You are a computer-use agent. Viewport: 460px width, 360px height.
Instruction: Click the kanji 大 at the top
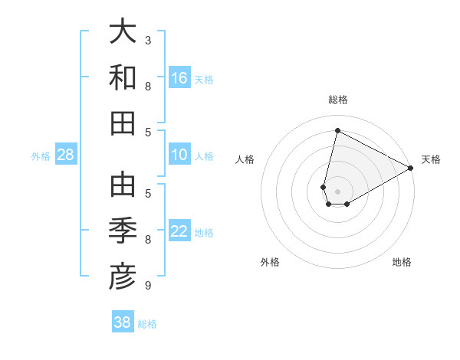[x=123, y=33]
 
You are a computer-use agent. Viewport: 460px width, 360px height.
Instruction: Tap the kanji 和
[x=123, y=78]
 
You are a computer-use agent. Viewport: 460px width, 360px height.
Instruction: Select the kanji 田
[x=123, y=123]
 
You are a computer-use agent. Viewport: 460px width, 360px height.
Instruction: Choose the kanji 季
[x=123, y=232]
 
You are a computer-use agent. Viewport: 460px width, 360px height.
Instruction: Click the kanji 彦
[x=123, y=277]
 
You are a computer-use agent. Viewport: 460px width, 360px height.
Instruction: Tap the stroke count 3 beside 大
[x=148, y=40]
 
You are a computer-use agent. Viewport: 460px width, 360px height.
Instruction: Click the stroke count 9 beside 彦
[x=148, y=286]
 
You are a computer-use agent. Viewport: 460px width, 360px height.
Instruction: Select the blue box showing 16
[x=179, y=78]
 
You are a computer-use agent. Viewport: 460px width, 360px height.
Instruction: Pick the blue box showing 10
[x=179, y=155]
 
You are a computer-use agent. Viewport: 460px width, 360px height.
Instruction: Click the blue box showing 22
[x=179, y=232]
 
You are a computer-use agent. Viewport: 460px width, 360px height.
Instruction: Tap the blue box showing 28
[x=66, y=155]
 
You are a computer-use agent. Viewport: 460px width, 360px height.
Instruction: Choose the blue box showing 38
[x=123, y=322]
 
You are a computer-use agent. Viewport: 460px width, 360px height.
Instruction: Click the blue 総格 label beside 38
[x=147, y=324]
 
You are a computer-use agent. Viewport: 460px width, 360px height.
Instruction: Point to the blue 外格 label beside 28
[x=41, y=156]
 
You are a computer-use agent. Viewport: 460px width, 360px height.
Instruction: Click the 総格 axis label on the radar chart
[x=338, y=100]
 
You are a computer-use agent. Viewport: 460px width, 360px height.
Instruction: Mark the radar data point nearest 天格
[x=411, y=169]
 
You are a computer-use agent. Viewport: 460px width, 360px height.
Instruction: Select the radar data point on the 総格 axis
[x=337, y=130]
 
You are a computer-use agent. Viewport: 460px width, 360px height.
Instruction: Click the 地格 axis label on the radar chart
[x=402, y=262]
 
